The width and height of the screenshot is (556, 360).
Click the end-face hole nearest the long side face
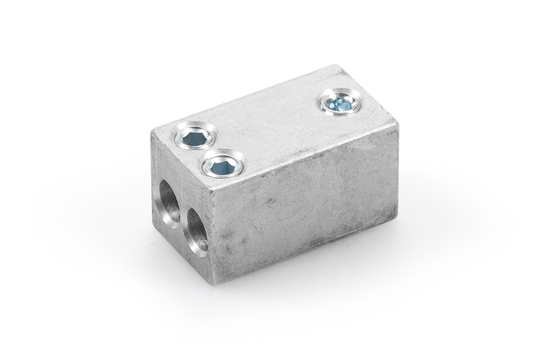click(197, 228)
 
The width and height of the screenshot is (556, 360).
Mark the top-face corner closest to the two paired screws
click(151, 128)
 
